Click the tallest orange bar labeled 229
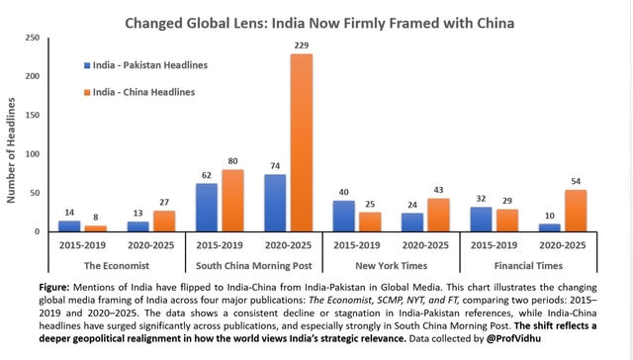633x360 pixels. tap(301, 142)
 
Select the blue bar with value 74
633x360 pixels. tap(275, 203)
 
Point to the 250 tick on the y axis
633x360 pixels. tap(33, 38)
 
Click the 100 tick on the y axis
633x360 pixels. tap(33, 154)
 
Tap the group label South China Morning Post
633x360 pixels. tap(253, 264)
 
